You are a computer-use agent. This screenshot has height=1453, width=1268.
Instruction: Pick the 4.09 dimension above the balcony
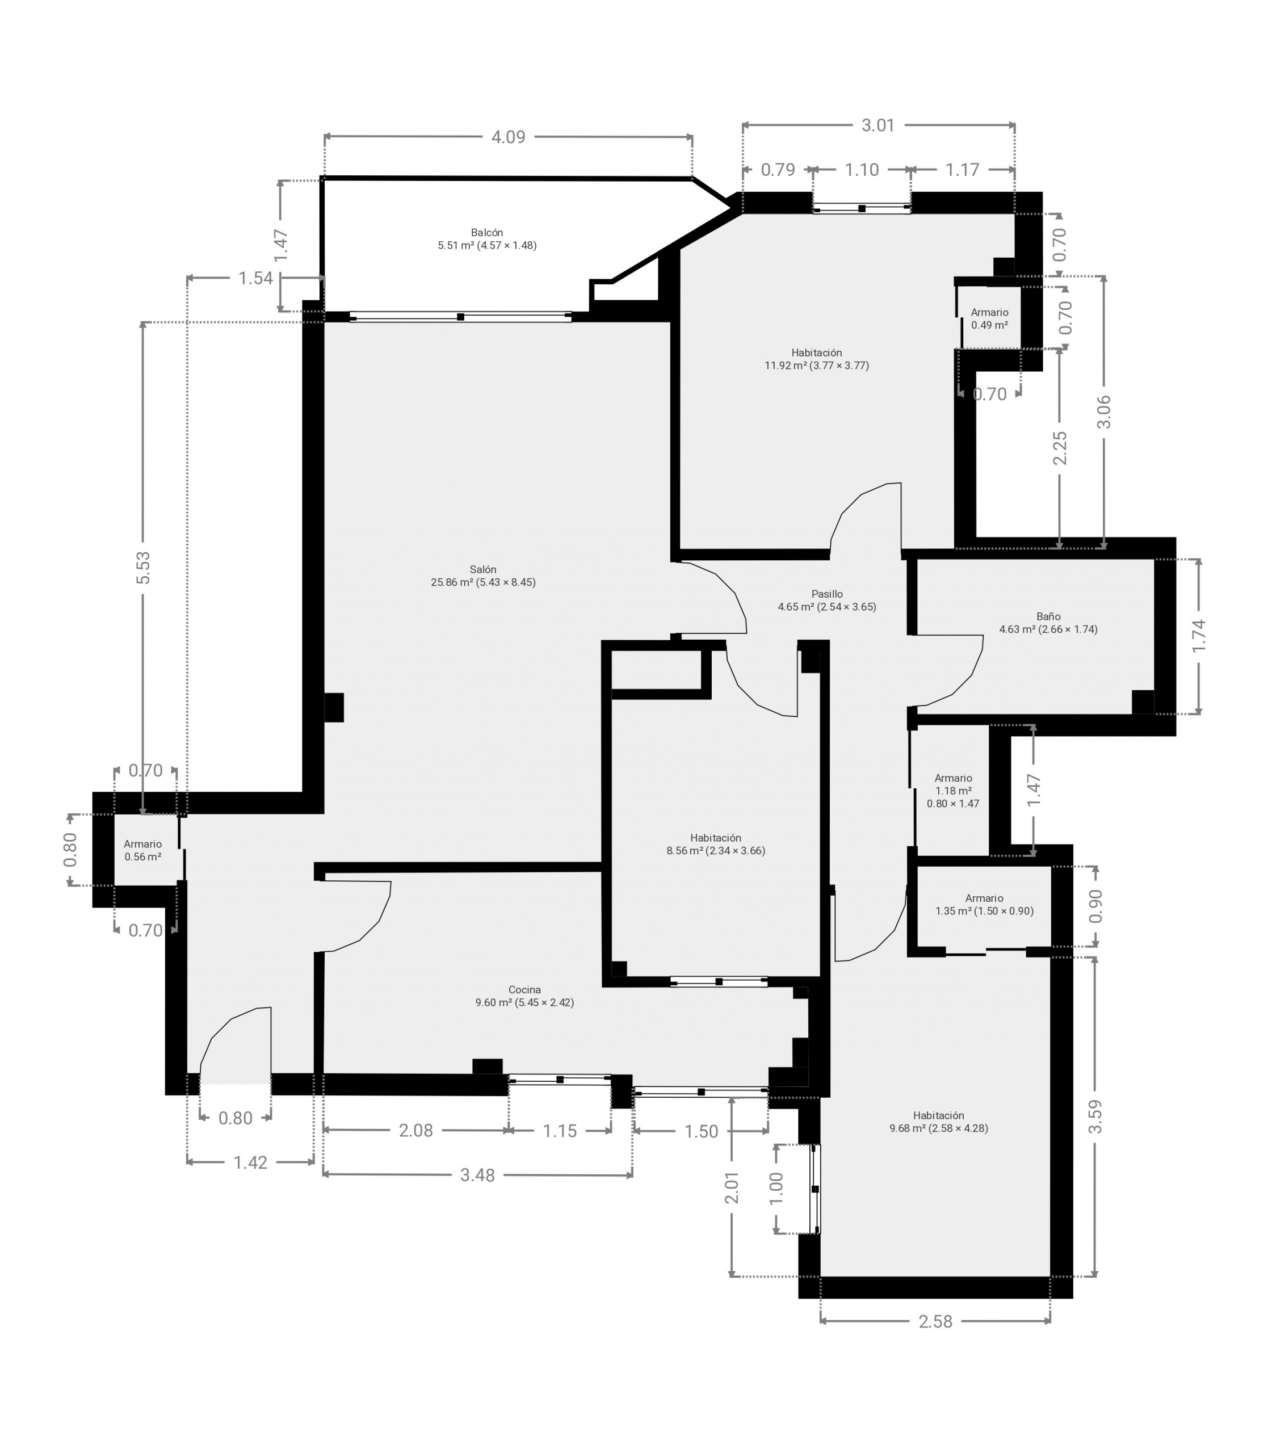coord(508,137)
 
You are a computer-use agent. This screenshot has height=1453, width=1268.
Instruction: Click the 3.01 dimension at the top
coord(878,125)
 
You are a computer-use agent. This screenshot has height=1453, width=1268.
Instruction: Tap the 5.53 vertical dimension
coord(143,568)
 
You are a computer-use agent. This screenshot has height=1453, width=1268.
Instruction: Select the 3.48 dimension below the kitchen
coord(477,1175)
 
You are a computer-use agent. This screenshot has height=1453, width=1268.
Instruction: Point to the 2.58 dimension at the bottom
coord(935,1321)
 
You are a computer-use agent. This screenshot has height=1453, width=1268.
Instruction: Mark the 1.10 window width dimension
coord(862,170)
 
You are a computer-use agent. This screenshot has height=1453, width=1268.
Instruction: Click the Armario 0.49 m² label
coord(989,318)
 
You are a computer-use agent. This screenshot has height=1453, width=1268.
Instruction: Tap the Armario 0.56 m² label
coord(143,850)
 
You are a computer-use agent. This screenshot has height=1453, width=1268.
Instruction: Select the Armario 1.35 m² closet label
coord(984,905)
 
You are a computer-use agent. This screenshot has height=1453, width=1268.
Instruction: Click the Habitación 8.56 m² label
coord(715,844)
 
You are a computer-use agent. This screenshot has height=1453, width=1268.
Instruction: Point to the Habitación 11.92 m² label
coord(817,359)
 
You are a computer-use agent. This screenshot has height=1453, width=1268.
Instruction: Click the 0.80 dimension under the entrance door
coord(235,1118)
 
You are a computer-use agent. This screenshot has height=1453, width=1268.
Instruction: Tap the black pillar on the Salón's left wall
coord(334,707)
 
